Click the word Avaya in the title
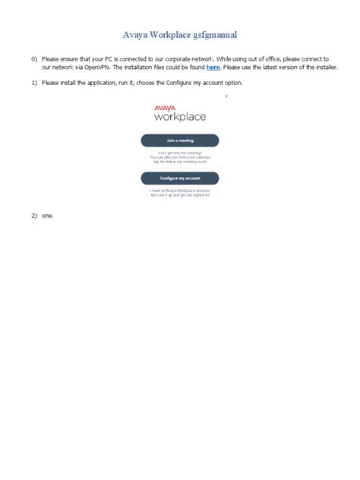coord(137,34)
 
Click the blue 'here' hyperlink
coord(213,68)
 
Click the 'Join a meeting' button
coord(180,141)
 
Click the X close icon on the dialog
coord(226,97)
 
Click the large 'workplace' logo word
coord(180,118)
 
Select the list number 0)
coord(34,58)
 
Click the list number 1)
coord(34,82)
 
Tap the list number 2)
coord(34,216)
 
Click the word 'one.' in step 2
coord(48,216)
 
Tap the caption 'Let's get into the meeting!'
coord(180,153)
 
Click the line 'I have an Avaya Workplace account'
coord(180,190)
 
